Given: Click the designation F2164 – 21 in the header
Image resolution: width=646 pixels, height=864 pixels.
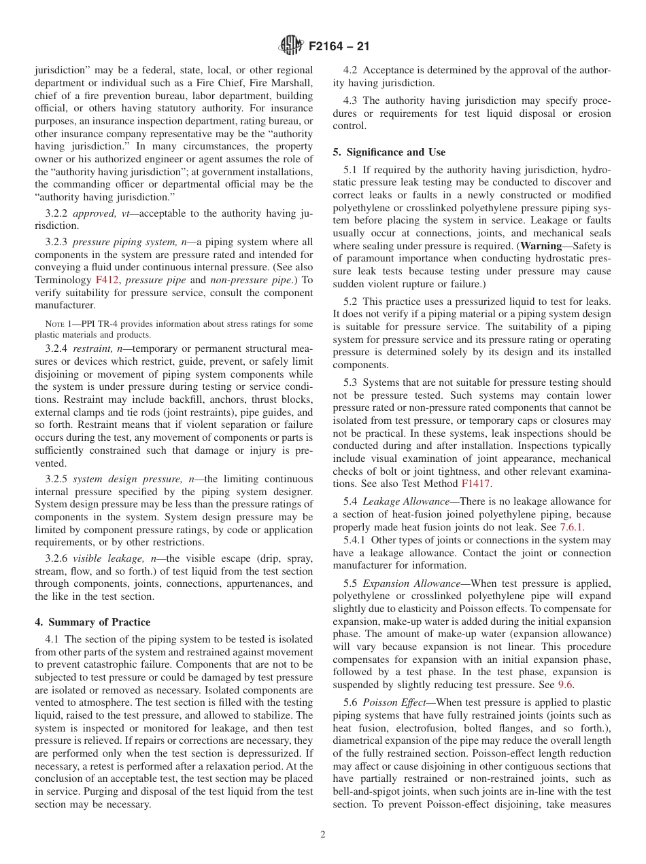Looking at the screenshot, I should coord(339,47).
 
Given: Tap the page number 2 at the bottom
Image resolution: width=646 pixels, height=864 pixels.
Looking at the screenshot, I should coord(323,835).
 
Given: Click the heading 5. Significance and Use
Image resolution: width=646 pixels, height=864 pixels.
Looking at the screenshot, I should coord(389,152).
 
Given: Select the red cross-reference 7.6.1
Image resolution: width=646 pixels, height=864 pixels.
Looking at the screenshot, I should coord(571,527).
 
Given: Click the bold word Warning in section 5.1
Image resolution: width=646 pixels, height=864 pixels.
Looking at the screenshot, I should coord(541,246).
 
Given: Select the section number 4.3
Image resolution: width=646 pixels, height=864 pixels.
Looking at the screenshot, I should coord(352,101).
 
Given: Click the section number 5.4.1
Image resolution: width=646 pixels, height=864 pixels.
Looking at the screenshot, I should coord(356,540).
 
